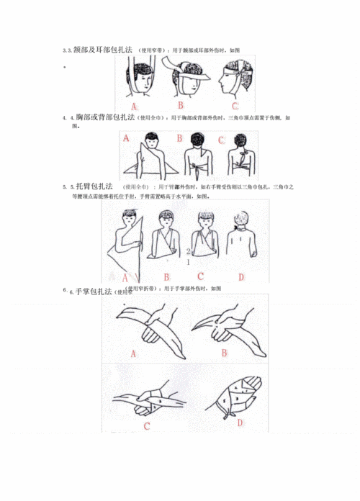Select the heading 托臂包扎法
(94, 186)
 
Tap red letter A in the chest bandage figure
(127, 137)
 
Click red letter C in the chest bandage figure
(222, 140)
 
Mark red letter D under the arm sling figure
(241, 276)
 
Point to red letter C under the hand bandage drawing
(147, 425)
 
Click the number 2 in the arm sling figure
(189, 253)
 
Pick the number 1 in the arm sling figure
(189, 263)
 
